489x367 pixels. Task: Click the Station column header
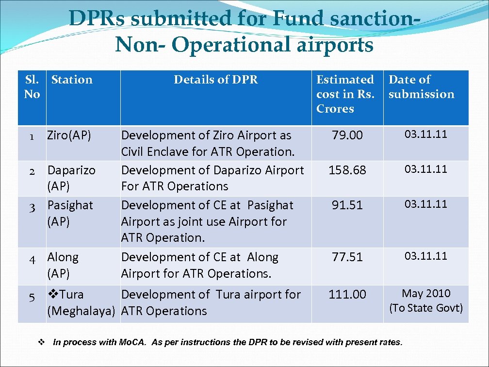[x=72, y=80]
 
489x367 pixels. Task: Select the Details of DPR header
[x=216, y=80]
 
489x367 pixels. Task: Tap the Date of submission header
[x=421, y=87]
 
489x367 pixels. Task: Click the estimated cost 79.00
[x=347, y=135]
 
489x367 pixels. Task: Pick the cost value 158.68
[x=347, y=170]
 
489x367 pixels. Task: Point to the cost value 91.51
[x=347, y=205]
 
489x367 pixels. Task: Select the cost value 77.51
[x=347, y=257]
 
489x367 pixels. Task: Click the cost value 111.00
[x=347, y=295]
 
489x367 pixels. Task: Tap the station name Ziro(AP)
[x=69, y=135]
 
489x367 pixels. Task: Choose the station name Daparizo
[x=71, y=170]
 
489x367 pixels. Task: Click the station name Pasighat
[x=70, y=205]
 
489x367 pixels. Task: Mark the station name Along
[x=63, y=257]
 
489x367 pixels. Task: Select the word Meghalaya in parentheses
[x=81, y=311]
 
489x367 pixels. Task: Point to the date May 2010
[x=426, y=294]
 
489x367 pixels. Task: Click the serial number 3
[x=32, y=208]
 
